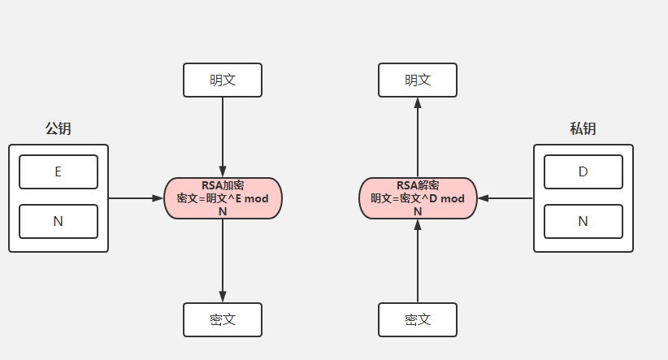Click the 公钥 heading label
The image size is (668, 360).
(58, 128)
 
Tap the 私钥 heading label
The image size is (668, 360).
(583, 128)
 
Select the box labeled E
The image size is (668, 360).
(59, 171)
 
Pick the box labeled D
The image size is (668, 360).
(583, 171)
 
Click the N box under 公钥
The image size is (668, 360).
(59, 221)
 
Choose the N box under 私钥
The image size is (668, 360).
(583, 221)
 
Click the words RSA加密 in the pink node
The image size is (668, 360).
(223, 186)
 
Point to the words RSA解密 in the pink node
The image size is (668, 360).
(418, 186)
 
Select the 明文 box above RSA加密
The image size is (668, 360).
(223, 80)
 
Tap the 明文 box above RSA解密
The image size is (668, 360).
(418, 80)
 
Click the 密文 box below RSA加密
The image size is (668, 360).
(223, 319)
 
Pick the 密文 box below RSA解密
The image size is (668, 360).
(418, 319)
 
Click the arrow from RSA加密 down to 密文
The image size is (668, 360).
(223, 260)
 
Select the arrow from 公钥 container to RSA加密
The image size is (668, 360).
(136, 197)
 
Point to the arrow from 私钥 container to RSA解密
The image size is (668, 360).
(505, 197)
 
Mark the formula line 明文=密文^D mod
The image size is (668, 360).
(418, 198)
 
